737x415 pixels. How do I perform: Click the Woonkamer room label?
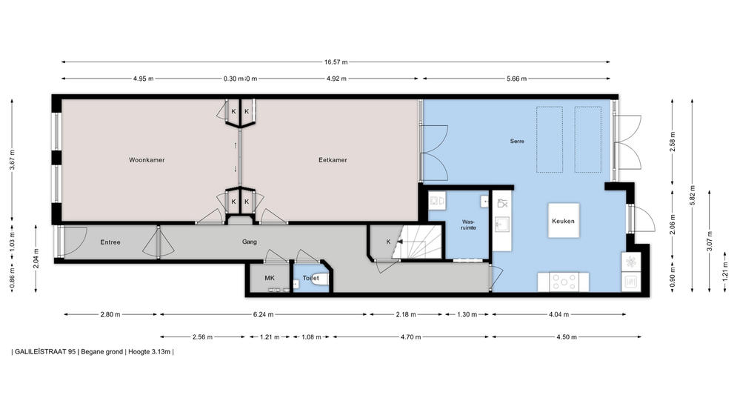coord(147,160)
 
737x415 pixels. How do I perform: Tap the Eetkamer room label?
coord(333,160)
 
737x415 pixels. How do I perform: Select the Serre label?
coord(517,141)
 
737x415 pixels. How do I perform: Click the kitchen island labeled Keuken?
coord(563,221)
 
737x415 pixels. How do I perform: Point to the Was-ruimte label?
coord(469,225)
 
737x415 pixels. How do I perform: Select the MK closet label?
coord(270,278)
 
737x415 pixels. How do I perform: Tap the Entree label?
coord(110,242)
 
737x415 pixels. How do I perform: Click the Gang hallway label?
coord(250,242)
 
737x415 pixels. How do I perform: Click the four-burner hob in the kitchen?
coord(564,282)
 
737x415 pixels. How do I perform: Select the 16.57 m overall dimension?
coord(336,62)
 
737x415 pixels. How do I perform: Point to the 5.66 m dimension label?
coord(516,79)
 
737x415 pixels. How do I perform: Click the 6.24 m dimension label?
coord(263,314)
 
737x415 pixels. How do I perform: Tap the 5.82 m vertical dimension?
coord(692,195)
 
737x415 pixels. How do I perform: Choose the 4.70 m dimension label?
coord(411,337)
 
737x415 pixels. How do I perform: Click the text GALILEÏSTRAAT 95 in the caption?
coord(45,351)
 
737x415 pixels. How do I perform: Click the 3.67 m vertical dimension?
coord(12,160)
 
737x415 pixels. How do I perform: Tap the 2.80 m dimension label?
coord(110,314)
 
